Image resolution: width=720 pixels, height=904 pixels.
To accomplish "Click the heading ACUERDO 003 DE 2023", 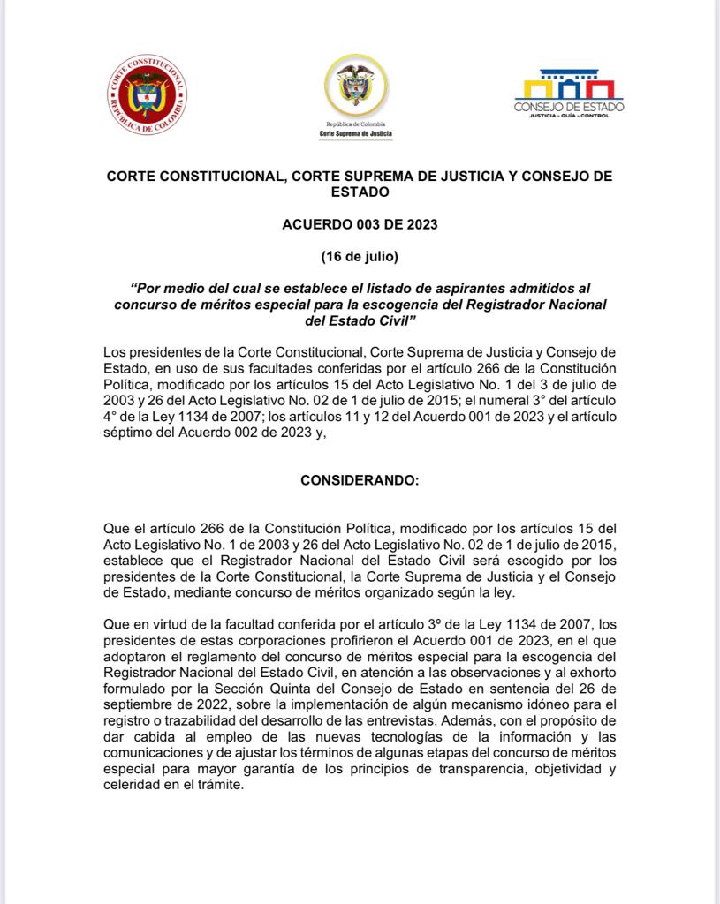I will (x=359, y=224).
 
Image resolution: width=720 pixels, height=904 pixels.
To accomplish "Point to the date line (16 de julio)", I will (x=360, y=257).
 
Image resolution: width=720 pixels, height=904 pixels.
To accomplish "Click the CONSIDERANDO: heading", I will (x=360, y=481).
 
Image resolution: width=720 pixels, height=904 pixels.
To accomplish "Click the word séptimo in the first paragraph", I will (x=131, y=432).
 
